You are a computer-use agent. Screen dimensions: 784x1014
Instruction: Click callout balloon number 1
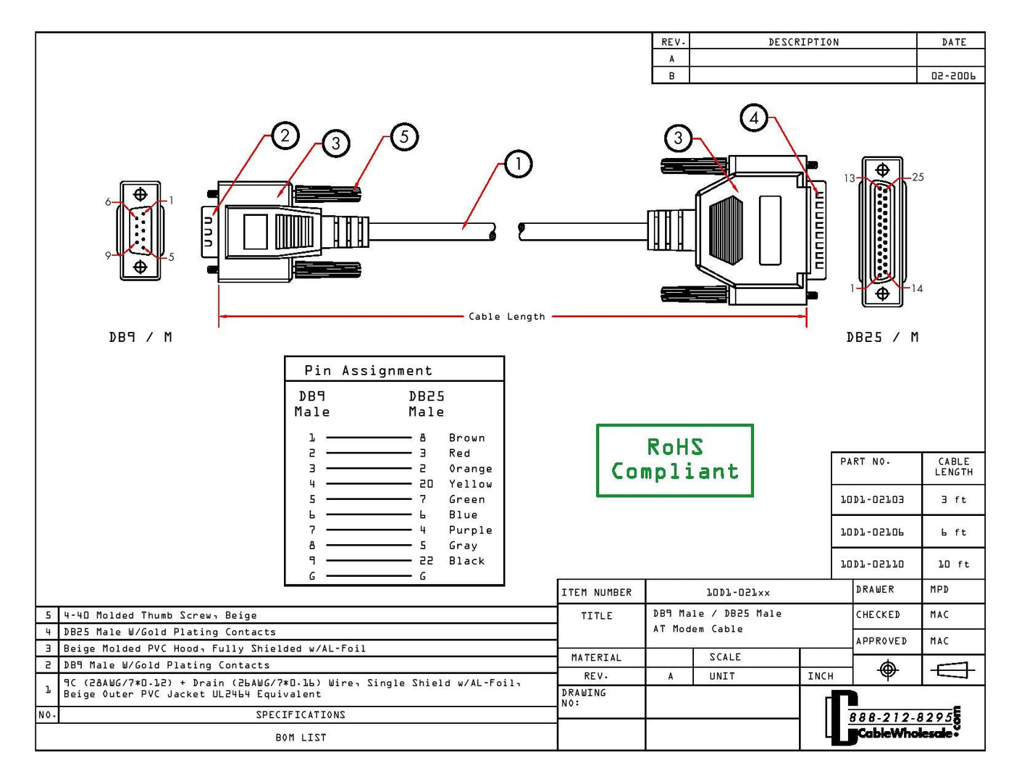(518, 164)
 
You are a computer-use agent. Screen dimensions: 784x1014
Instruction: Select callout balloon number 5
(404, 136)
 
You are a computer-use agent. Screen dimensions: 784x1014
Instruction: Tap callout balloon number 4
(754, 117)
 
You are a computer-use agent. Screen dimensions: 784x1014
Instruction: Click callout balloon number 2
(285, 135)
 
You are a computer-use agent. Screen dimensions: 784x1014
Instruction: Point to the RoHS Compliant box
(674, 460)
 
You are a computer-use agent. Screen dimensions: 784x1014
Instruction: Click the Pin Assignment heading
(368, 370)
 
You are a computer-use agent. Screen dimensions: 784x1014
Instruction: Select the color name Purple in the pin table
(470, 530)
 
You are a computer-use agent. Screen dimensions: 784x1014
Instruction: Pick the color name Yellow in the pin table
(470, 483)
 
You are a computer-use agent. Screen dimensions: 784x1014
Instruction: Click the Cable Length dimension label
(506, 317)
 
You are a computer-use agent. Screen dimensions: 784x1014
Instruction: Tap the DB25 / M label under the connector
(882, 337)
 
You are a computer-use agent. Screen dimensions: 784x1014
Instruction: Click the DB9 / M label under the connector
(141, 337)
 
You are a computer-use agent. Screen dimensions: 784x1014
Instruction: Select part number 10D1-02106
(872, 532)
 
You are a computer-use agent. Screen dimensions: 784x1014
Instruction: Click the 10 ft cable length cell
(953, 564)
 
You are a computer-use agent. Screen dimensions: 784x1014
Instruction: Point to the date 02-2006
(953, 75)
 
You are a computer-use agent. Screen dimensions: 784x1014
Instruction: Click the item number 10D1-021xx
(738, 592)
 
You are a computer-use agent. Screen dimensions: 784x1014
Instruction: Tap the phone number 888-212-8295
(900, 717)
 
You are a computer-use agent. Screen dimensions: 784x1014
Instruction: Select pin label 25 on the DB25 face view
(918, 177)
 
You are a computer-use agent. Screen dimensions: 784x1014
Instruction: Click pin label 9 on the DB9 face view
(108, 255)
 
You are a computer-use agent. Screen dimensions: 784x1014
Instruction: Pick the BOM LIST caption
(301, 737)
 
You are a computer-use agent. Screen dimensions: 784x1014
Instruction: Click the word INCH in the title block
(820, 676)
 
